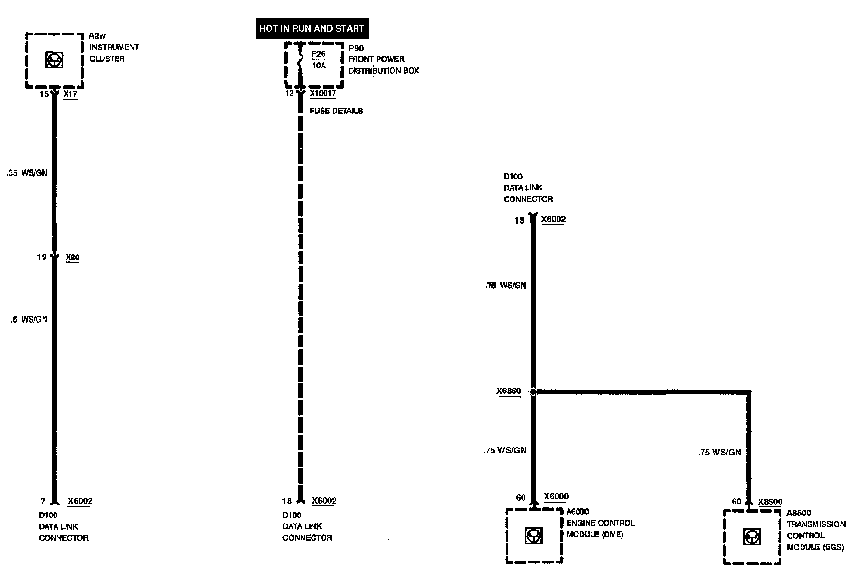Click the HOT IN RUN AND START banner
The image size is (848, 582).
[x=312, y=29]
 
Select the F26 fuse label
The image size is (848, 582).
[x=318, y=54]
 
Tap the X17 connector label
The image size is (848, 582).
[x=70, y=95]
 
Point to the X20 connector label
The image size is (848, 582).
[x=72, y=257]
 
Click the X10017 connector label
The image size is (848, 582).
[x=323, y=94]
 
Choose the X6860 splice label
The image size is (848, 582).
[x=508, y=392]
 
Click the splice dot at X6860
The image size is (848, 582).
[x=533, y=392]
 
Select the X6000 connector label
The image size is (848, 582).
[x=556, y=497]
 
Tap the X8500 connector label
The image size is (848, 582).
[x=770, y=502]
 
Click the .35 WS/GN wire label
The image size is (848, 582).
[x=27, y=173]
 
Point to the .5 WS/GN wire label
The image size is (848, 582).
[x=29, y=319]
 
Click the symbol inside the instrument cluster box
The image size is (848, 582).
[x=54, y=60]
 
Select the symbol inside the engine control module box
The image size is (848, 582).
[x=533, y=536]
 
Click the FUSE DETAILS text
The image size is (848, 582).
[x=336, y=111]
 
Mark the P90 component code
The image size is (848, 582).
[x=356, y=48]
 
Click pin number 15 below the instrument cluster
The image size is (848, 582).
[x=44, y=94]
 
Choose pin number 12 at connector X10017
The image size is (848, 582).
[x=289, y=93]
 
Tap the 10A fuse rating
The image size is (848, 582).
[x=319, y=66]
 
